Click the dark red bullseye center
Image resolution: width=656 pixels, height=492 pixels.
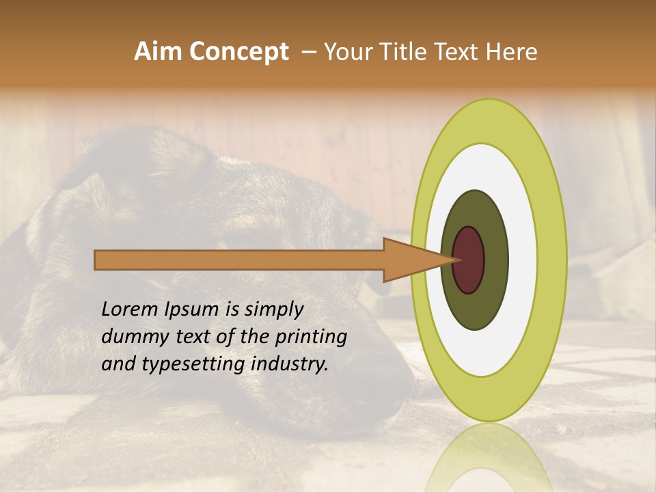point(468,260)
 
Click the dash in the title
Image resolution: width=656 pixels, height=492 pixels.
point(308,52)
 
